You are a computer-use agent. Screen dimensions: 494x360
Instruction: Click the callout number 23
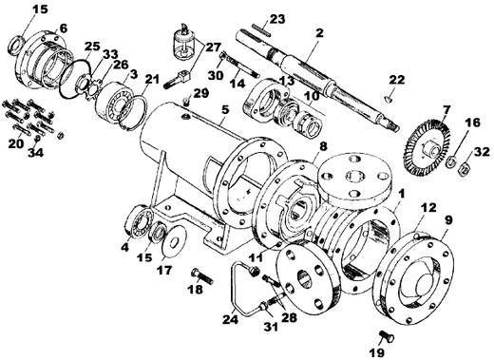(277, 18)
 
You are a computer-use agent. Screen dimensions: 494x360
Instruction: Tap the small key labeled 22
(389, 100)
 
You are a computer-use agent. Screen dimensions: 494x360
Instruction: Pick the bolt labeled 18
(202, 275)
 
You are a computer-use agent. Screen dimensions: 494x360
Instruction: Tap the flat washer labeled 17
(174, 239)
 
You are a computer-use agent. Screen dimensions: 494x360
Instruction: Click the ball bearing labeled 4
(138, 221)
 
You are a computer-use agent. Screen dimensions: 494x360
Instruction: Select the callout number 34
(35, 152)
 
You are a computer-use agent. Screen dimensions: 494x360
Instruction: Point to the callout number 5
(224, 110)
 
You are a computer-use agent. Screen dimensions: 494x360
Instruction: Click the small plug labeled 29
(186, 102)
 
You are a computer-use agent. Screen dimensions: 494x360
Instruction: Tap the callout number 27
(214, 47)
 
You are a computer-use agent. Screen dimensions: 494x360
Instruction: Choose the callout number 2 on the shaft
(319, 32)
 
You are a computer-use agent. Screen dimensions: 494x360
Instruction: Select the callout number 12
(428, 207)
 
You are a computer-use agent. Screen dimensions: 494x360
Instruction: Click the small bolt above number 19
(387, 336)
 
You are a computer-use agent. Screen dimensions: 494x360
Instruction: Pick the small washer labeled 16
(450, 162)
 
